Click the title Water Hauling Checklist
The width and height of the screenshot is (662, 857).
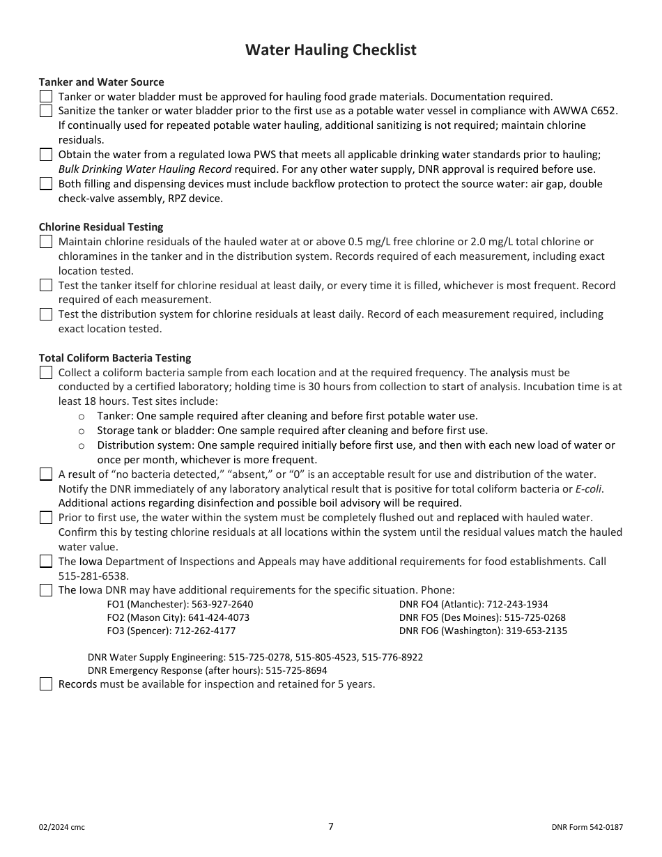click(x=331, y=50)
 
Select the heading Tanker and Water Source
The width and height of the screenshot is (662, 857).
click(x=102, y=82)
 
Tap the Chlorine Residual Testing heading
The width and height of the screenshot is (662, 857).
click(x=101, y=227)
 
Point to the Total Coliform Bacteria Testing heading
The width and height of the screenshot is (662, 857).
click(x=115, y=358)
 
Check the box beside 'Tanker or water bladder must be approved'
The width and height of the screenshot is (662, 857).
click(x=46, y=96)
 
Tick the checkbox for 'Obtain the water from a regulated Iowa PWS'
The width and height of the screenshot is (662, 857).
click(x=46, y=155)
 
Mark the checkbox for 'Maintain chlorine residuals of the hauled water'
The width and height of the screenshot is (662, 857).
click(x=46, y=242)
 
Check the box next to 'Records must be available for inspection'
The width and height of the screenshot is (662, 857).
click(x=46, y=684)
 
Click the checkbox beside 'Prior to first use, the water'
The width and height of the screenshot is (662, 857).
click(x=46, y=518)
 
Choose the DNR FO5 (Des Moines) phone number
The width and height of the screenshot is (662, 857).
click(x=535, y=617)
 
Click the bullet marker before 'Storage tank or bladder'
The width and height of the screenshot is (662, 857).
click(x=82, y=431)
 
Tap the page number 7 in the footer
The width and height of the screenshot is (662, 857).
click(x=331, y=826)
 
